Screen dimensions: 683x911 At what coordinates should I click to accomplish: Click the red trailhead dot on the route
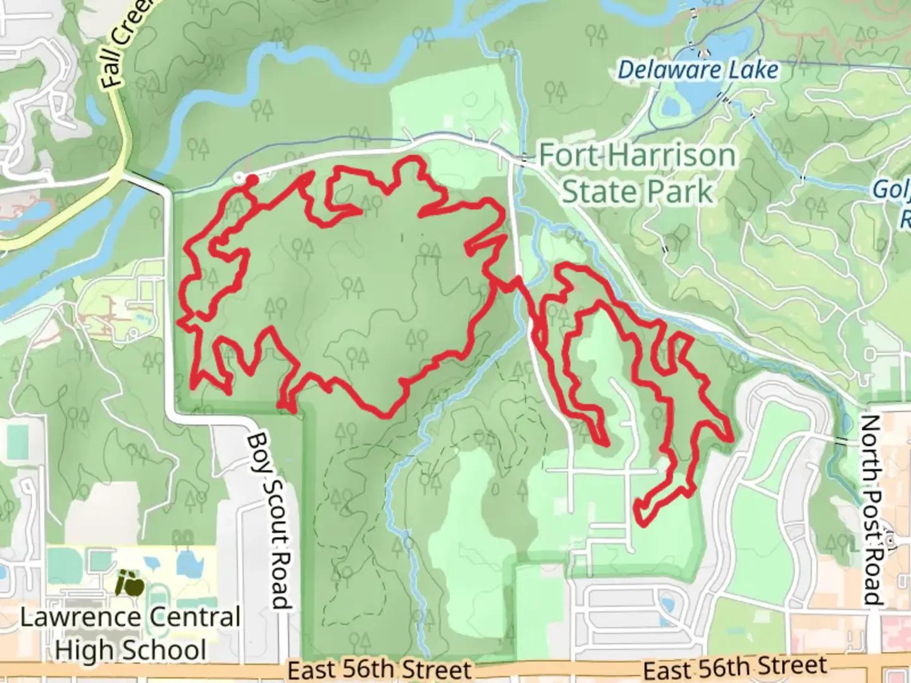pos(251,180)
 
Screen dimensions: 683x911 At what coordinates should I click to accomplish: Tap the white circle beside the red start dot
pos(239,178)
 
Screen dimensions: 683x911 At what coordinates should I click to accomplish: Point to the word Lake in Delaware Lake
pos(753,70)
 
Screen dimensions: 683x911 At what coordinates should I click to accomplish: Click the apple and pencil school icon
pos(130,582)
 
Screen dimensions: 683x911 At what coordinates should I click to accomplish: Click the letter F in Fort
pos(548,156)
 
